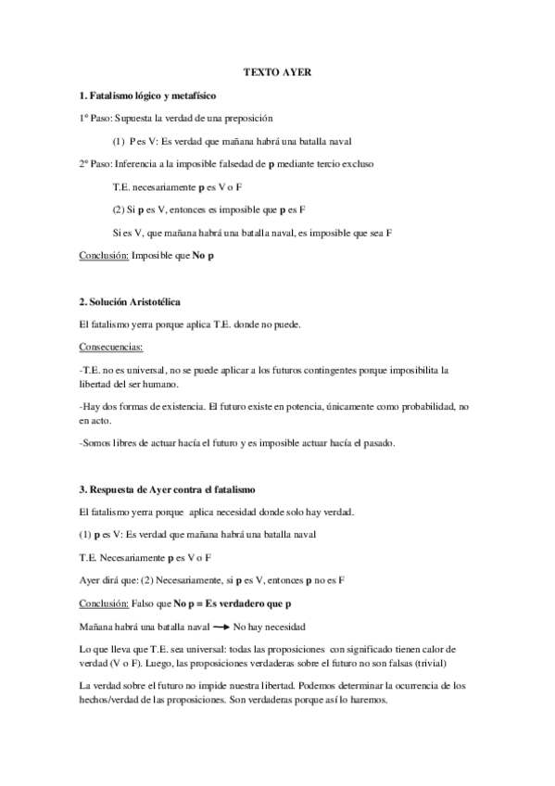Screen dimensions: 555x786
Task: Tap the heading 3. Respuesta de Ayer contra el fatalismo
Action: tap(167, 488)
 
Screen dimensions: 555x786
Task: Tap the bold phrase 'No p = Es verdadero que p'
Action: tap(225, 604)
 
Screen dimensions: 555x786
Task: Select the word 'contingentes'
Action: tap(324, 369)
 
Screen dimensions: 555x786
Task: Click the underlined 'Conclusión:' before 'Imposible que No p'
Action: tap(105, 253)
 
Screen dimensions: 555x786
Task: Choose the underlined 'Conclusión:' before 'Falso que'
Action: tap(105, 604)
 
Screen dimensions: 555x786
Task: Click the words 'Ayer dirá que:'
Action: tap(109, 581)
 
